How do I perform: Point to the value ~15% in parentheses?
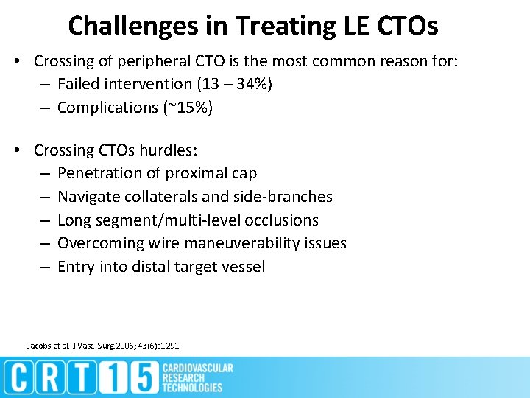185,108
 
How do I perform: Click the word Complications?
107,108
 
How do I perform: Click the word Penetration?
99,173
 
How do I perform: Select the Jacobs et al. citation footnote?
102,346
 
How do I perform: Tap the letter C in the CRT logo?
20,377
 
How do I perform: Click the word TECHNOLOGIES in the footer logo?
192,388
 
